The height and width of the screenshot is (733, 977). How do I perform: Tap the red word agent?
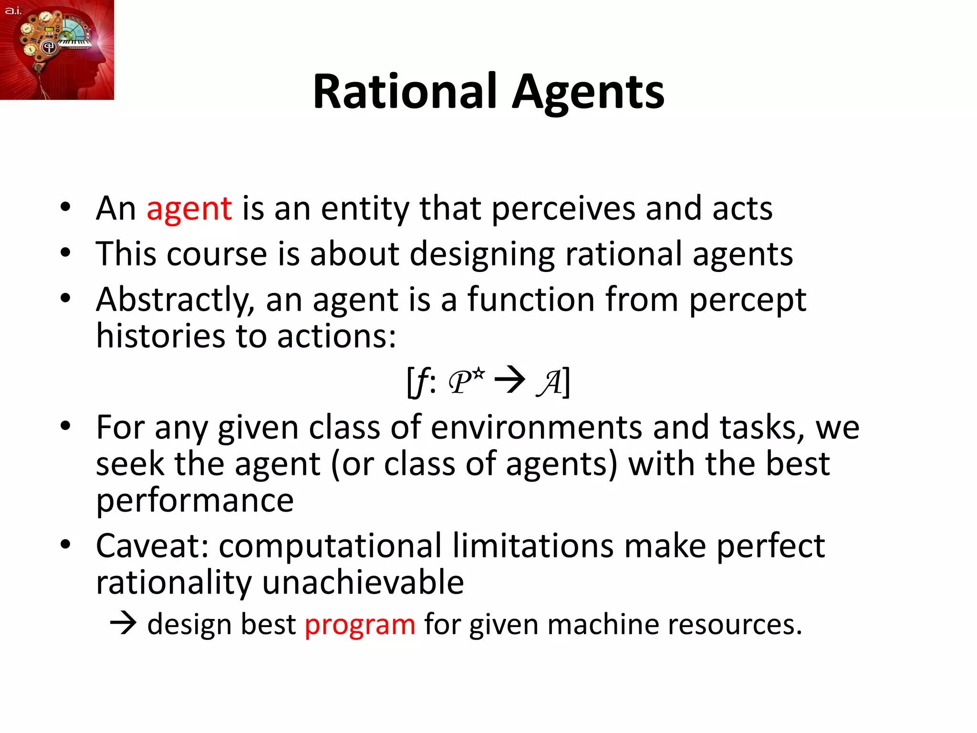coord(189,209)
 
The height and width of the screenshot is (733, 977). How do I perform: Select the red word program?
coord(360,625)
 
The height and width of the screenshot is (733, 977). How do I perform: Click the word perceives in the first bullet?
coord(563,209)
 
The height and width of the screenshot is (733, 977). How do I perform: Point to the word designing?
coord(482,254)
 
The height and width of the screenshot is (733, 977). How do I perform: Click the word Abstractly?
coord(175,301)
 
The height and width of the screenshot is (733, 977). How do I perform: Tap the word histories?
coord(160,336)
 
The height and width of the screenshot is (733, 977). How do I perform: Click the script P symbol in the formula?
coord(461,382)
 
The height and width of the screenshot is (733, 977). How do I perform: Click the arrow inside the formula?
coord(509,380)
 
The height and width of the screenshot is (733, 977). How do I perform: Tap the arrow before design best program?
coord(123,624)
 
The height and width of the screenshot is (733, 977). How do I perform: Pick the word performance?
coord(195,501)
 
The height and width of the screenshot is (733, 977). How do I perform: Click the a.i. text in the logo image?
coord(13,10)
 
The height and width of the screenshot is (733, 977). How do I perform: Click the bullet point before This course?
coord(65,252)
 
